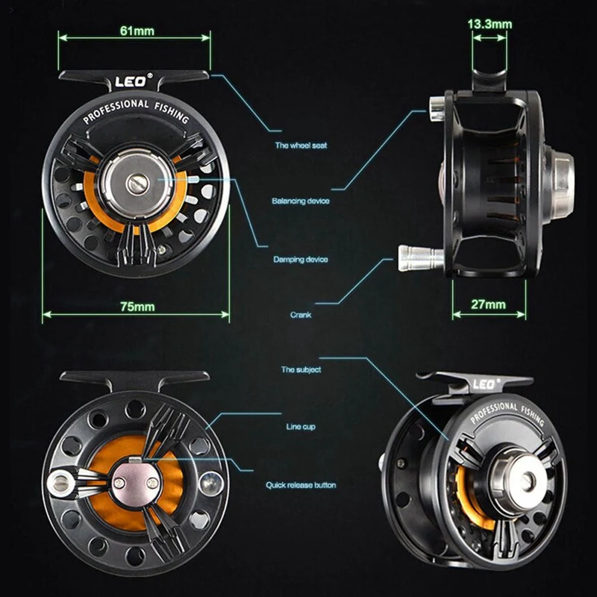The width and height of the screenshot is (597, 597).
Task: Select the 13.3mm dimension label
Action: (x=490, y=24)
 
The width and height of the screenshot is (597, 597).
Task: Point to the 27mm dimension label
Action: (x=490, y=304)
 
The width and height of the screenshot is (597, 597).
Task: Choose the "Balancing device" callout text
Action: (x=300, y=201)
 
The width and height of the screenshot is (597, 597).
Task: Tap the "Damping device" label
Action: (x=301, y=259)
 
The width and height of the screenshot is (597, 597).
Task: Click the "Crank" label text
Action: (x=301, y=315)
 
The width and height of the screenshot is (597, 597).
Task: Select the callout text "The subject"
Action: (x=301, y=369)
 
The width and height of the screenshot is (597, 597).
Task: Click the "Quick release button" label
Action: (x=301, y=485)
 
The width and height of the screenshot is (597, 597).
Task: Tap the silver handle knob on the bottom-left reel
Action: (x=59, y=483)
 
